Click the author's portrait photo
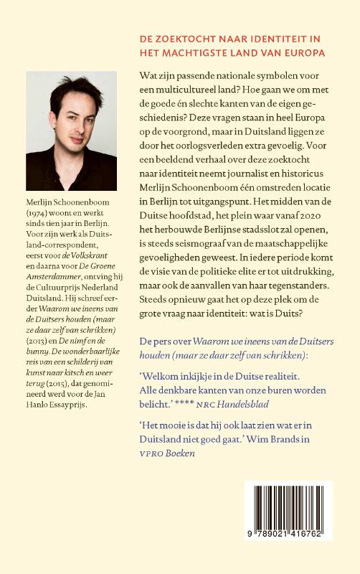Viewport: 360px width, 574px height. [x=71, y=131]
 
